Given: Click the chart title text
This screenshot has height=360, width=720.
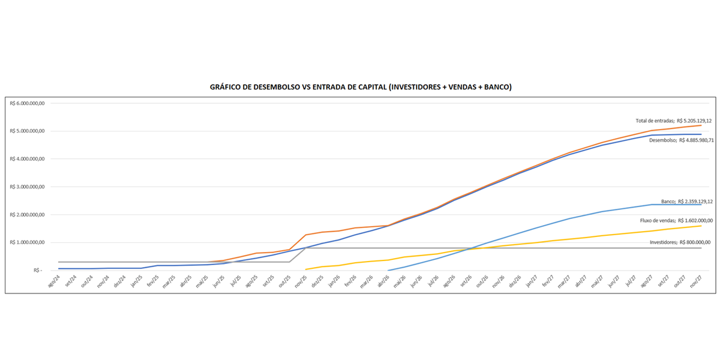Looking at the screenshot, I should tap(360, 87).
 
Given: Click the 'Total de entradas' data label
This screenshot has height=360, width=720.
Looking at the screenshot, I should tap(674, 121).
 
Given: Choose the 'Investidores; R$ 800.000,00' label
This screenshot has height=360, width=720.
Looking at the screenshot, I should tap(680, 242).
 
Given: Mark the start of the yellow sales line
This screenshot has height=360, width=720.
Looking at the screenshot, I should tap(306, 269).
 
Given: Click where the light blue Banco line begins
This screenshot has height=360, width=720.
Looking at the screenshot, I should tap(388, 270).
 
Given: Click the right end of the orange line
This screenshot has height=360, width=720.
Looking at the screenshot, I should tap(701, 125).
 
